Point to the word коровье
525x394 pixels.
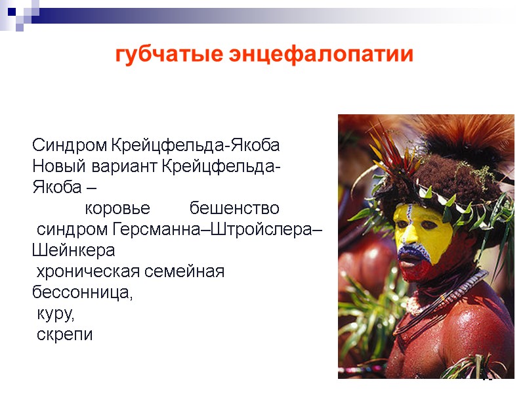(117, 209)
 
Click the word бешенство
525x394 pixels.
(234, 209)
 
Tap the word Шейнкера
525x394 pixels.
(73, 251)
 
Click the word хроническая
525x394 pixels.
(86, 272)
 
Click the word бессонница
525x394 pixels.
(81, 293)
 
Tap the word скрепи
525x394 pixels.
(65, 335)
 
